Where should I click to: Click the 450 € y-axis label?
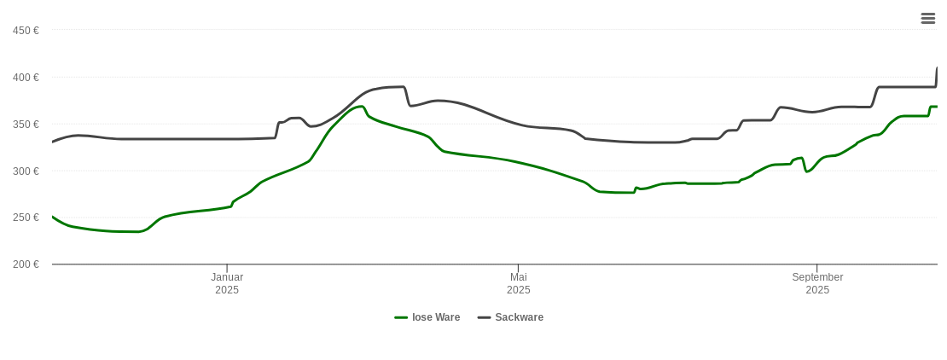point(26,31)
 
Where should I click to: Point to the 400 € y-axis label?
point(26,78)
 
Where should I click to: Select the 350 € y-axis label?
point(26,125)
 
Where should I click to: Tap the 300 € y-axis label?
point(26,171)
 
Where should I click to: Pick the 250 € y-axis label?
point(26,218)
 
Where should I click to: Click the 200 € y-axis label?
point(26,264)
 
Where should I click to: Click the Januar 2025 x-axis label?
point(227,283)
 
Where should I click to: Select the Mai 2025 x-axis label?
point(518,283)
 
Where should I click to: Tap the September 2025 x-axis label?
point(817,283)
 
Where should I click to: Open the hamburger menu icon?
point(928,19)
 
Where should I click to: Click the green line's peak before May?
point(362,107)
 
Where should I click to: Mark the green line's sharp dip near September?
point(806,171)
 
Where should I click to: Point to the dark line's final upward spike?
point(937,69)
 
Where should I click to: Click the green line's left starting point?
point(53,217)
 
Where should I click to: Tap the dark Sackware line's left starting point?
point(53,142)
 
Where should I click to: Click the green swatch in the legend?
point(401,317)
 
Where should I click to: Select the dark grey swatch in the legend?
point(484,317)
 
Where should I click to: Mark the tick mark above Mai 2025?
point(518,268)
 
